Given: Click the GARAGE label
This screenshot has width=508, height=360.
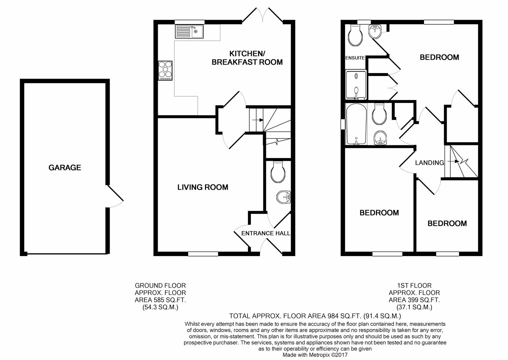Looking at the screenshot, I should pyautogui.click(x=65, y=168).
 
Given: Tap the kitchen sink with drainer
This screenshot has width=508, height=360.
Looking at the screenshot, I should pyautogui.click(x=189, y=32).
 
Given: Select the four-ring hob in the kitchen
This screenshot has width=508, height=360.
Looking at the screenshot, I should pyautogui.click(x=166, y=70).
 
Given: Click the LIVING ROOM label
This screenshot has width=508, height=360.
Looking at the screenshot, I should pyautogui.click(x=203, y=187).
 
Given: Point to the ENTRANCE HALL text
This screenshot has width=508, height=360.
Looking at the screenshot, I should pyautogui.click(x=266, y=233).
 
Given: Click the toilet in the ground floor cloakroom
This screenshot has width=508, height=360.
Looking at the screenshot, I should pyautogui.click(x=278, y=172).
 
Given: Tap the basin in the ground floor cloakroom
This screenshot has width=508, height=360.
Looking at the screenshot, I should pyautogui.click(x=284, y=198).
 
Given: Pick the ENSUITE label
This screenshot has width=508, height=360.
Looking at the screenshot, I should pyautogui.click(x=355, y=58).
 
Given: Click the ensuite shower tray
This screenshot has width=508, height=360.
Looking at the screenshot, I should pyautogui.click(x=356, y=85).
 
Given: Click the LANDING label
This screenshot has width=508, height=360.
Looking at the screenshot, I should pyautogui.click(x=429, y=163).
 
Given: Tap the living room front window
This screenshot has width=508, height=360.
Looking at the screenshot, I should pyautogui.click(x=203, y=254).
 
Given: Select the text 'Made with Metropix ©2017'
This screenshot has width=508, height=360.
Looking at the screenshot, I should pyautogui.click(x=315, y=355).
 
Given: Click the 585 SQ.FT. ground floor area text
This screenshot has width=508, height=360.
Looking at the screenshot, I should pyautogui.click(x=160, y=300).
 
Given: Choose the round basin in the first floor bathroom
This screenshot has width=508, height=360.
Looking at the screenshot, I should pyautogui.click(x=380, y=138).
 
